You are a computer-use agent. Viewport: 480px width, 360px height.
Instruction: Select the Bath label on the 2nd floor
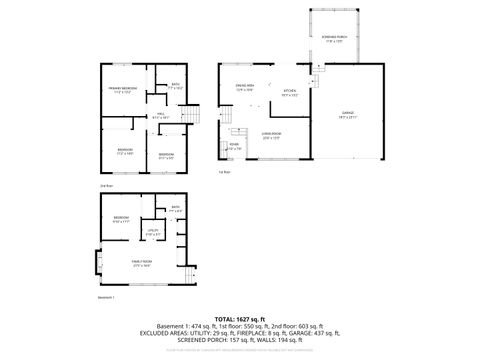[175, 86]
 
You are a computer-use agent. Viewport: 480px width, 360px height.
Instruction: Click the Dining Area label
[244, 88]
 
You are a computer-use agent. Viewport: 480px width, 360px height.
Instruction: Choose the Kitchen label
[290, 94]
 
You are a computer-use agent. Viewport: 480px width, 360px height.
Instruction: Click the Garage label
[347, 116]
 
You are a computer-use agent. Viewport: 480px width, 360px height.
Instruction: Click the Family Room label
[141, 263]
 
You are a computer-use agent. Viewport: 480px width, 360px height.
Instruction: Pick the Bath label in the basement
[174, 210]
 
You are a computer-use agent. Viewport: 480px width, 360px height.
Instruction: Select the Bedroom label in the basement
[121, 218]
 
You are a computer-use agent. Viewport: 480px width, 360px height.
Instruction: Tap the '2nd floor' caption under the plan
[105, 186]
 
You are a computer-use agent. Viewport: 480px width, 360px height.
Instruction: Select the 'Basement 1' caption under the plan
[107, 297]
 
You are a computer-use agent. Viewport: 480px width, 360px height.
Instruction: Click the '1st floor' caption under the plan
[225, 173]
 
